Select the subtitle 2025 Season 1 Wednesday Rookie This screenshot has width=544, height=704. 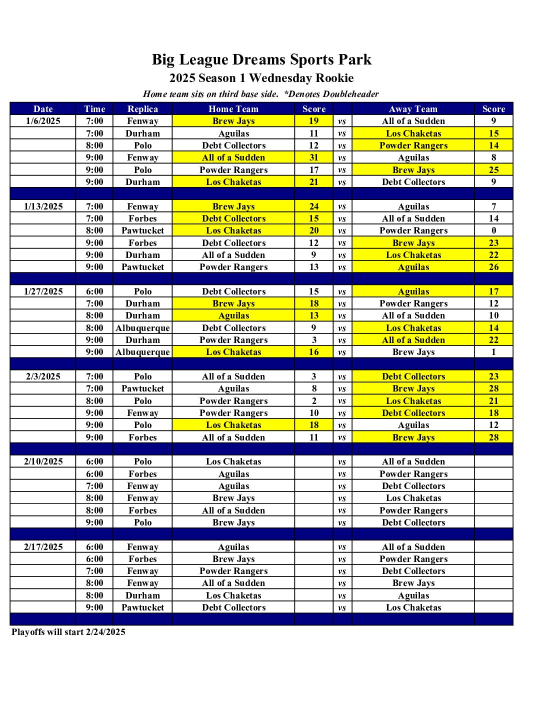coord(261,78)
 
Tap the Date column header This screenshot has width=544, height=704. coord(43,109)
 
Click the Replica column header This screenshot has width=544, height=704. coord(142,109)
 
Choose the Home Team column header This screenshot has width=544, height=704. coord(233,109)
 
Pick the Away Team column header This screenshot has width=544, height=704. coord(413,109)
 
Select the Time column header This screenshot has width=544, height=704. coord(94,109)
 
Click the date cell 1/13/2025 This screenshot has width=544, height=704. coord(43,206)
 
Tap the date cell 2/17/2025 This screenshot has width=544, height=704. coord(43,547)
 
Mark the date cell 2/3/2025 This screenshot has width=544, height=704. coord(43,376)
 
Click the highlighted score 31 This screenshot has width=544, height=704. coord(313,157)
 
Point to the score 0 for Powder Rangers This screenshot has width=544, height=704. coord(493,230)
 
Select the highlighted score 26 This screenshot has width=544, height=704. coord(493,267)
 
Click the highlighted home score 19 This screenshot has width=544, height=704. coord(313,121)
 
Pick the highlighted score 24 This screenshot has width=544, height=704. coord(313,206)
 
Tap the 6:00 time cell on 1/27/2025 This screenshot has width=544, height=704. coord(94,291)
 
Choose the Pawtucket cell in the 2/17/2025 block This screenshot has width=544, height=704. coord(142,607)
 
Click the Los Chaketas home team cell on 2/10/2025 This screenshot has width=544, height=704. coord(233,461)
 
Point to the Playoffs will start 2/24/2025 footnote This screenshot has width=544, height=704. coord(68,632)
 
